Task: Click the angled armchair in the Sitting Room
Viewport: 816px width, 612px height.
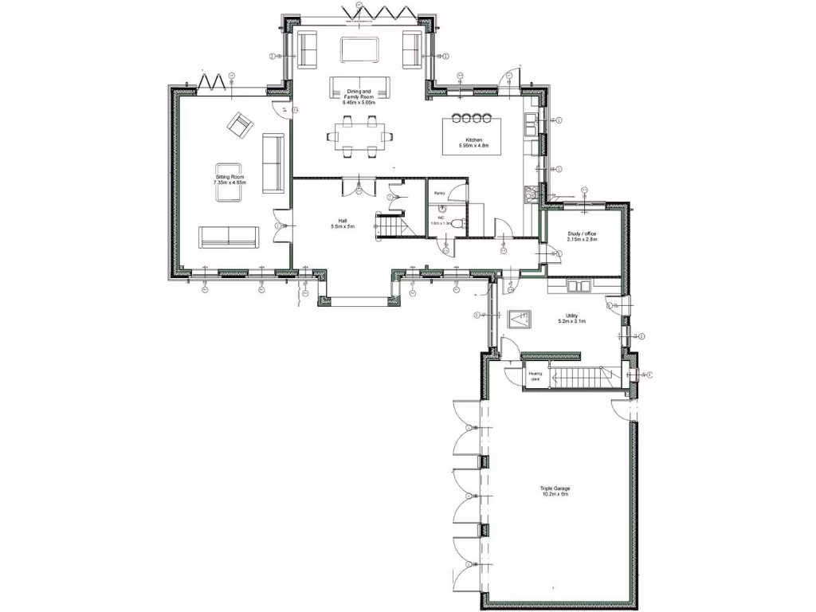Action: tap(239, 125)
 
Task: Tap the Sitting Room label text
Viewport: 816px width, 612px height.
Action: tap(229, 179)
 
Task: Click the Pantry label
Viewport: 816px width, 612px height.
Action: tap(439, 194)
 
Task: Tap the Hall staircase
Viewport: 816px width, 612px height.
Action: tap(390, 226)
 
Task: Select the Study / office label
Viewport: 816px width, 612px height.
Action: tap(582, 236)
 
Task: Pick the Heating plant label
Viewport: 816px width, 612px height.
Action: tap(535, 376)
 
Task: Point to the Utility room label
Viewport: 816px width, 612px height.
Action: tap(571, 319)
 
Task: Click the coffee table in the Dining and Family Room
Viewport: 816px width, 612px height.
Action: tap(359, 49)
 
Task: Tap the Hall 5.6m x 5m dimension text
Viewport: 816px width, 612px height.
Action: tap(343, 227)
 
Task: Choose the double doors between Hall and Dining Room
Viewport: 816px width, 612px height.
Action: tap(358, 186)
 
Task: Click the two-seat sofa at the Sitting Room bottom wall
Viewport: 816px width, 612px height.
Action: tap(229, 237)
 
